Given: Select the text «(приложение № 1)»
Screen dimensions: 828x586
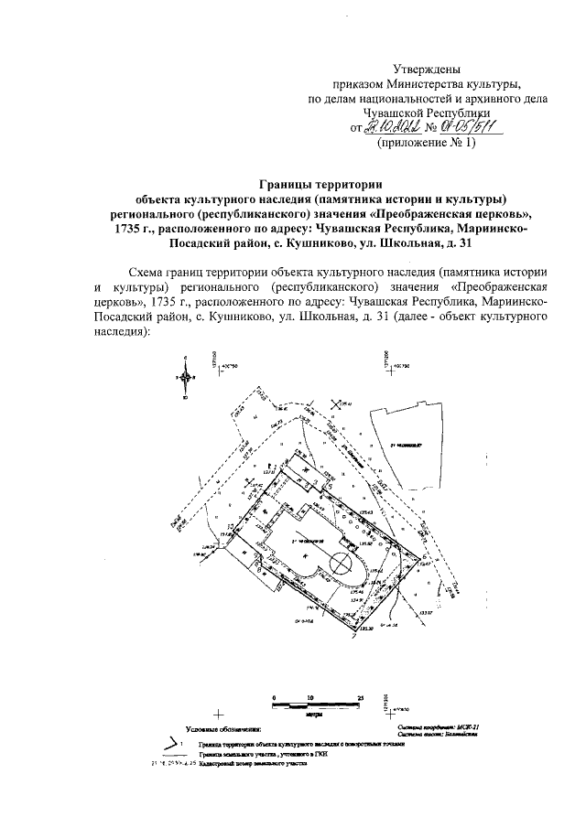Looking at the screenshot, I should pos(427,143).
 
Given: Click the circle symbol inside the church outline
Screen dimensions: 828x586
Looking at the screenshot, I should pos(340,561).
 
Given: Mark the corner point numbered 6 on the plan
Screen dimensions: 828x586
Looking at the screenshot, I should pos(424,557).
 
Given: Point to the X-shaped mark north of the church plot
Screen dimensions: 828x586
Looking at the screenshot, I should pos(336,404).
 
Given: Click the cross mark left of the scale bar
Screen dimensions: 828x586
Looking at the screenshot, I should pos(218,713).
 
